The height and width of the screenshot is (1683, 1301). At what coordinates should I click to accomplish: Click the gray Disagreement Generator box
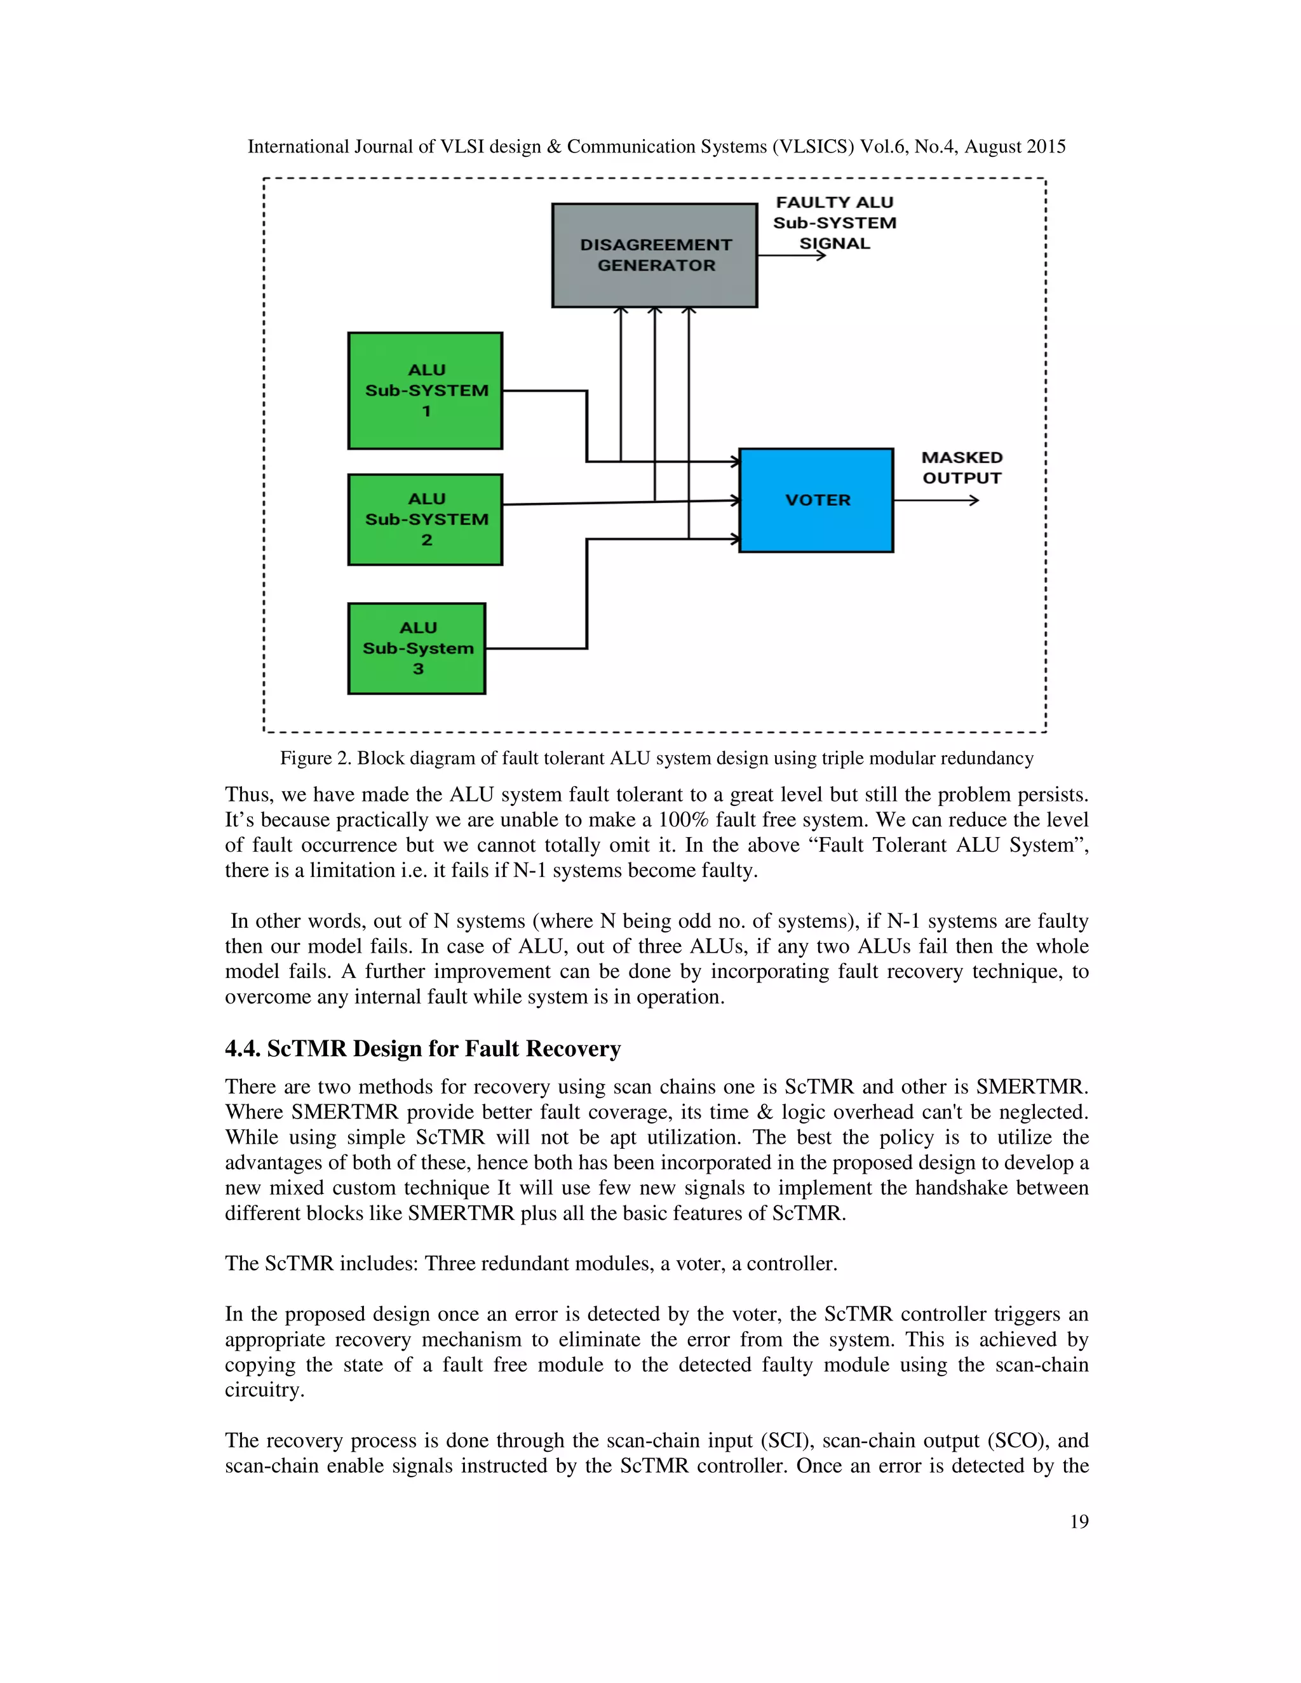click(654, 255)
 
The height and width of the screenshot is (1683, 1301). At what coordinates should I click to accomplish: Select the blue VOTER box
click(816, 500)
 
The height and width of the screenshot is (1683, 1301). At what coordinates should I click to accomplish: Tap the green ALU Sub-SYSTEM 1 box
click(426, 391)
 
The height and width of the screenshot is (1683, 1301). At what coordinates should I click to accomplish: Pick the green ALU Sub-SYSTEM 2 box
click(426, 520)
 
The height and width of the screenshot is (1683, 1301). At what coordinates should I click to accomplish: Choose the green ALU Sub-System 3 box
click(417, 648)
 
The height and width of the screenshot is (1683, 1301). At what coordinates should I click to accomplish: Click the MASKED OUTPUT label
click(962, 468)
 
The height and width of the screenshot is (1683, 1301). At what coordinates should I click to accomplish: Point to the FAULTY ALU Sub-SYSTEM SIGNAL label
click(835, 223)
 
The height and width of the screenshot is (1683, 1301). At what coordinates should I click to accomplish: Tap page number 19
click(1079, 1521)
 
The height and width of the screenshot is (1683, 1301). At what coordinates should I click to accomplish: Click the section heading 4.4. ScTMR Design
click(422, 1049)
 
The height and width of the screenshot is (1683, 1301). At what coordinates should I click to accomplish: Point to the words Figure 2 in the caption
click(315, 758)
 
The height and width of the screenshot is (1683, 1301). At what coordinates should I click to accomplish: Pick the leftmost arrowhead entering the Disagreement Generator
click(621, 311)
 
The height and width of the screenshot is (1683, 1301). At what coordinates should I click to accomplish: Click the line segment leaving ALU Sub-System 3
click(536, 648)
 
